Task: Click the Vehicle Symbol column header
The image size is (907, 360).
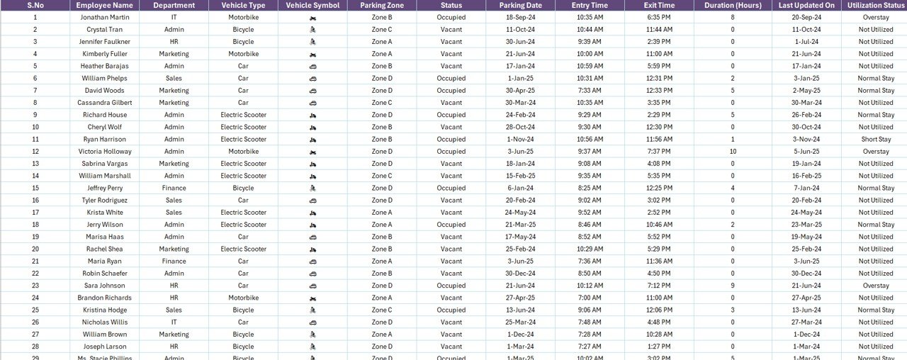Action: [312, 5]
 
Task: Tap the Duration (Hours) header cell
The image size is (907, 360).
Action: [733, 5]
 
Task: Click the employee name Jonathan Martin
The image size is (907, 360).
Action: [105, 17]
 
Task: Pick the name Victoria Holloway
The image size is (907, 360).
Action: [105, 152]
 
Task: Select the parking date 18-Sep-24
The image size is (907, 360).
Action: [520, 17]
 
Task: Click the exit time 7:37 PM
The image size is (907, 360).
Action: [659, 152]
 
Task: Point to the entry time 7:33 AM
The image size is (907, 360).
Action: [590, 91]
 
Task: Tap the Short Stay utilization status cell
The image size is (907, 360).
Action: [876, 140]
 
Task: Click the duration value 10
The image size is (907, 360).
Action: [733, 152]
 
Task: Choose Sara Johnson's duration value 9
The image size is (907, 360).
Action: [733, 286]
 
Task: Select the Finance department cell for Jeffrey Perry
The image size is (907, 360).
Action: [174, 189]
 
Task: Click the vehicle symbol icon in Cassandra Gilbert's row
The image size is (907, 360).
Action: [312, 103]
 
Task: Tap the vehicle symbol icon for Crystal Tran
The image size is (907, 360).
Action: [312, 30]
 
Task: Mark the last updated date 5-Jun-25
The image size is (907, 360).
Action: [806, 152]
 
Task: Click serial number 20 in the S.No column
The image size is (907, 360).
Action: [35, 249]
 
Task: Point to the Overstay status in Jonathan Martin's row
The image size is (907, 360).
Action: [876, 17]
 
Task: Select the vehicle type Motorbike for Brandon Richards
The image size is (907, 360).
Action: [243, 298]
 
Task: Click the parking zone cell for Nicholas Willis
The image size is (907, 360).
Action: [381, 322]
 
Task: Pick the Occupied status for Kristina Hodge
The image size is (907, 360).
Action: [451, 310]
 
